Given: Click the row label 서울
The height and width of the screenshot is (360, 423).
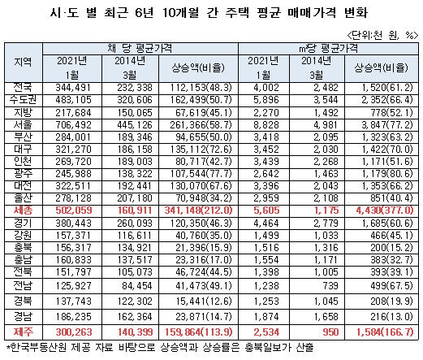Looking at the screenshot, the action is click(23, 125).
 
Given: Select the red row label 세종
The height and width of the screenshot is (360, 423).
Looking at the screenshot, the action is click(23, 210).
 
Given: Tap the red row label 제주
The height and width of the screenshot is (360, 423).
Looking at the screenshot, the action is click(23, 332).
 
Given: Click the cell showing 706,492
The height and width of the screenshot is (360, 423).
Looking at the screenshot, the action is click(73, 125).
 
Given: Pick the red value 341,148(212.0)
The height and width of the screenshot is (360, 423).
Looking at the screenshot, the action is click(198, 210).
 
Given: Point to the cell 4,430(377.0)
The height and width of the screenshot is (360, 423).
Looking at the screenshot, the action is click(385, 210).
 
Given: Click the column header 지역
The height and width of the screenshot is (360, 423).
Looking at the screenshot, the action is click(23, 62).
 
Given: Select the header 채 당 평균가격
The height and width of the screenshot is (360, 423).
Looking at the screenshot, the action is click(140, 49).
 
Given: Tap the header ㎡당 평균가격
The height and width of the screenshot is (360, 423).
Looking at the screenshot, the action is click(328, 49).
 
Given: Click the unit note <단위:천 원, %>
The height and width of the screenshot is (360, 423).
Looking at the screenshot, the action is click(382, 35).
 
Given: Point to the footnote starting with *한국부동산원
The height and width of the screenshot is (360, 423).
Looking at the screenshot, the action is click(160, 347).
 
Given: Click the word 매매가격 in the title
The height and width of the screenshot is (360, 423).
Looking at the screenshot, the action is click(312, 12).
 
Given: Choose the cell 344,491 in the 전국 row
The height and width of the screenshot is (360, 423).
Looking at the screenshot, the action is click(73, 88).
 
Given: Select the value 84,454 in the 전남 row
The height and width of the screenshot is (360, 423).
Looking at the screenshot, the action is click(137, 286).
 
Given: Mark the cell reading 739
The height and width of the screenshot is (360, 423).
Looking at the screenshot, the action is click(330, 286).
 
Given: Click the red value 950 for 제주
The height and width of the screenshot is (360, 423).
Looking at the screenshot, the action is click(330, 332).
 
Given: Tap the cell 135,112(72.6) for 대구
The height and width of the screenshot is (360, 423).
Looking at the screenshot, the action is click(201, 150).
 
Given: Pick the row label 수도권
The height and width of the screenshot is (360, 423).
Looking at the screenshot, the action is click(23, 100).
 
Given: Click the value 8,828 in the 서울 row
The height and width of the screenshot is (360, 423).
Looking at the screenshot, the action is click(266, 125).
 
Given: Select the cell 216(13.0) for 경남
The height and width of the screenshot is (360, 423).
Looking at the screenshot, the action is click(391, 316).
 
